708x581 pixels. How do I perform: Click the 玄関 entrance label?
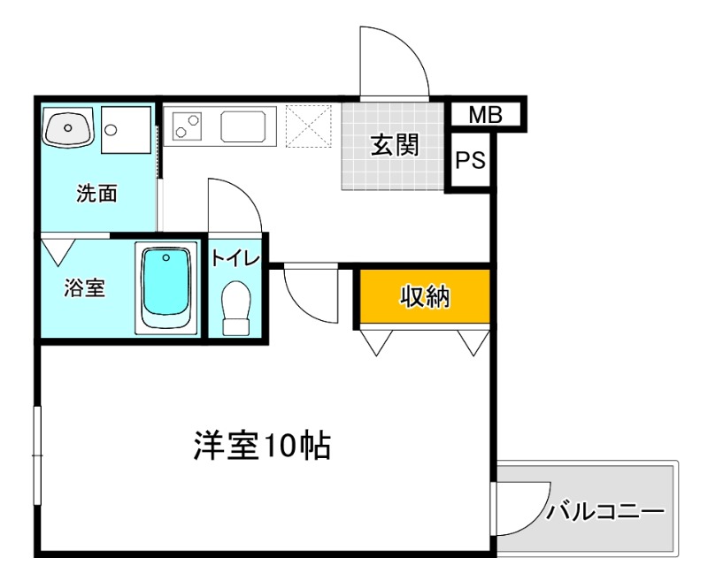point(393,146)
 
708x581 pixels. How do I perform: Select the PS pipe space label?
point(470,161)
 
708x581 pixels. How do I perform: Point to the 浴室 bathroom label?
point(86,288)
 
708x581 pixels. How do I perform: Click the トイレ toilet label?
point(235,258)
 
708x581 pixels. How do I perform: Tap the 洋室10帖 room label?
point(262,447)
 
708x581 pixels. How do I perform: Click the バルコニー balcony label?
point(605,511)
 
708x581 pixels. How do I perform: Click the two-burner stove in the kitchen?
point(188,126)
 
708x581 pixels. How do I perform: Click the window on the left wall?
point(37,456)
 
